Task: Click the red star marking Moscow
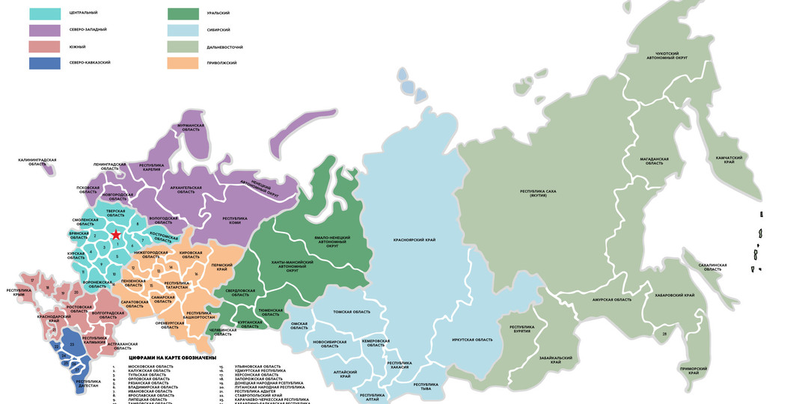[x=116, y=236]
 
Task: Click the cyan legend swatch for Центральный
[x=45, y=13]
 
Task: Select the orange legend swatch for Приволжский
[x=183, y=63]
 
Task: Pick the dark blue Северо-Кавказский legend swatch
[x=45, y=63]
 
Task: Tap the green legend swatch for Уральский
[x=183, y=13]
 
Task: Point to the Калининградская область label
[x=37, y=162]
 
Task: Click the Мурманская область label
[x=191, y=128]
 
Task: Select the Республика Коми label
[x=235, y=221]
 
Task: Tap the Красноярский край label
[x=414, y=240]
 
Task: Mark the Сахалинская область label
[x=711, y=267]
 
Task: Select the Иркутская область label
[x=472, y=340]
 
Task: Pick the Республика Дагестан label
[x=88, y=383]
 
